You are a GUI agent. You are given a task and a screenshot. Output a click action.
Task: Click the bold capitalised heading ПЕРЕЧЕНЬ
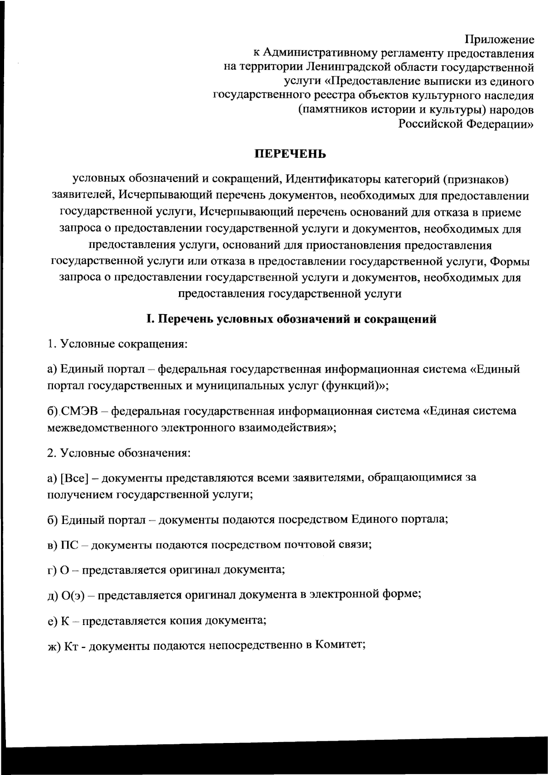[x=290, y=154]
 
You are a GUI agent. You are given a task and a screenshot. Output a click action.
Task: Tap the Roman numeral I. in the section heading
[x=148, y=319]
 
